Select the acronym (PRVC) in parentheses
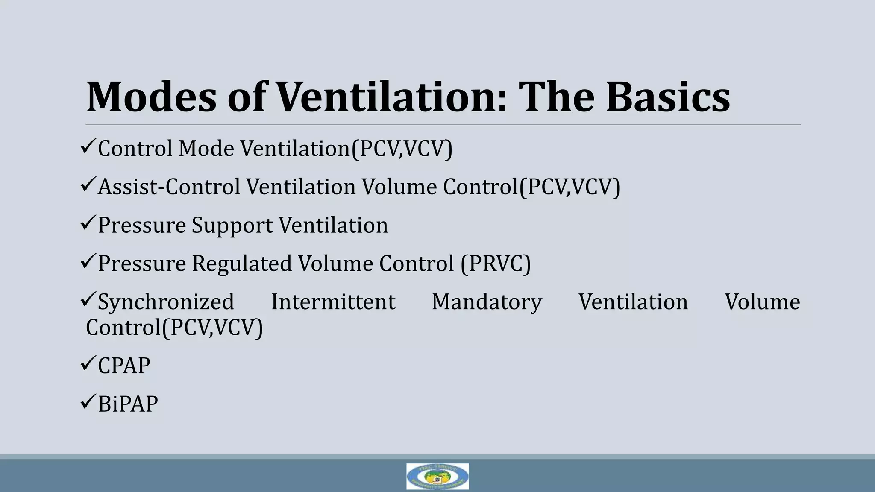point(496,264)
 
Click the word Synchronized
point(166,302)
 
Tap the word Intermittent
point(333,302)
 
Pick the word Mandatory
point(487,302)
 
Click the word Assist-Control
point(169,187)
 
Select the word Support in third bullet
point(232,225)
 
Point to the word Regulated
point(242,264)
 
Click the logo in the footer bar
point(437,476)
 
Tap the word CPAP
point(124,366)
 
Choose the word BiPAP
point(128,404)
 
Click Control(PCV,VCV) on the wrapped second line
point(174,328)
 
